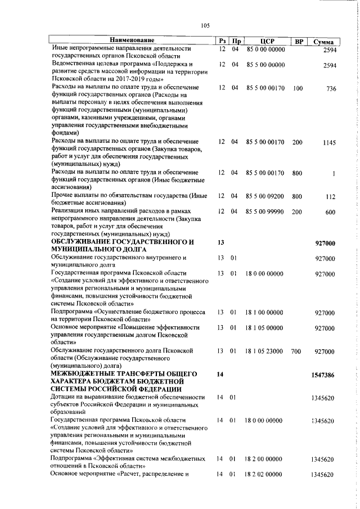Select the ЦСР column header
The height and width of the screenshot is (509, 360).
click(267, 42)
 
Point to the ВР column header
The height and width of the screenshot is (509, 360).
click(299, 42)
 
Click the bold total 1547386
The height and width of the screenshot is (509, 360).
click(323, 374)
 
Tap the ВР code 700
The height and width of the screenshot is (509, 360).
click(296, 352)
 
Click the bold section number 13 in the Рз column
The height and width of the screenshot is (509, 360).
click(220, 242)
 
